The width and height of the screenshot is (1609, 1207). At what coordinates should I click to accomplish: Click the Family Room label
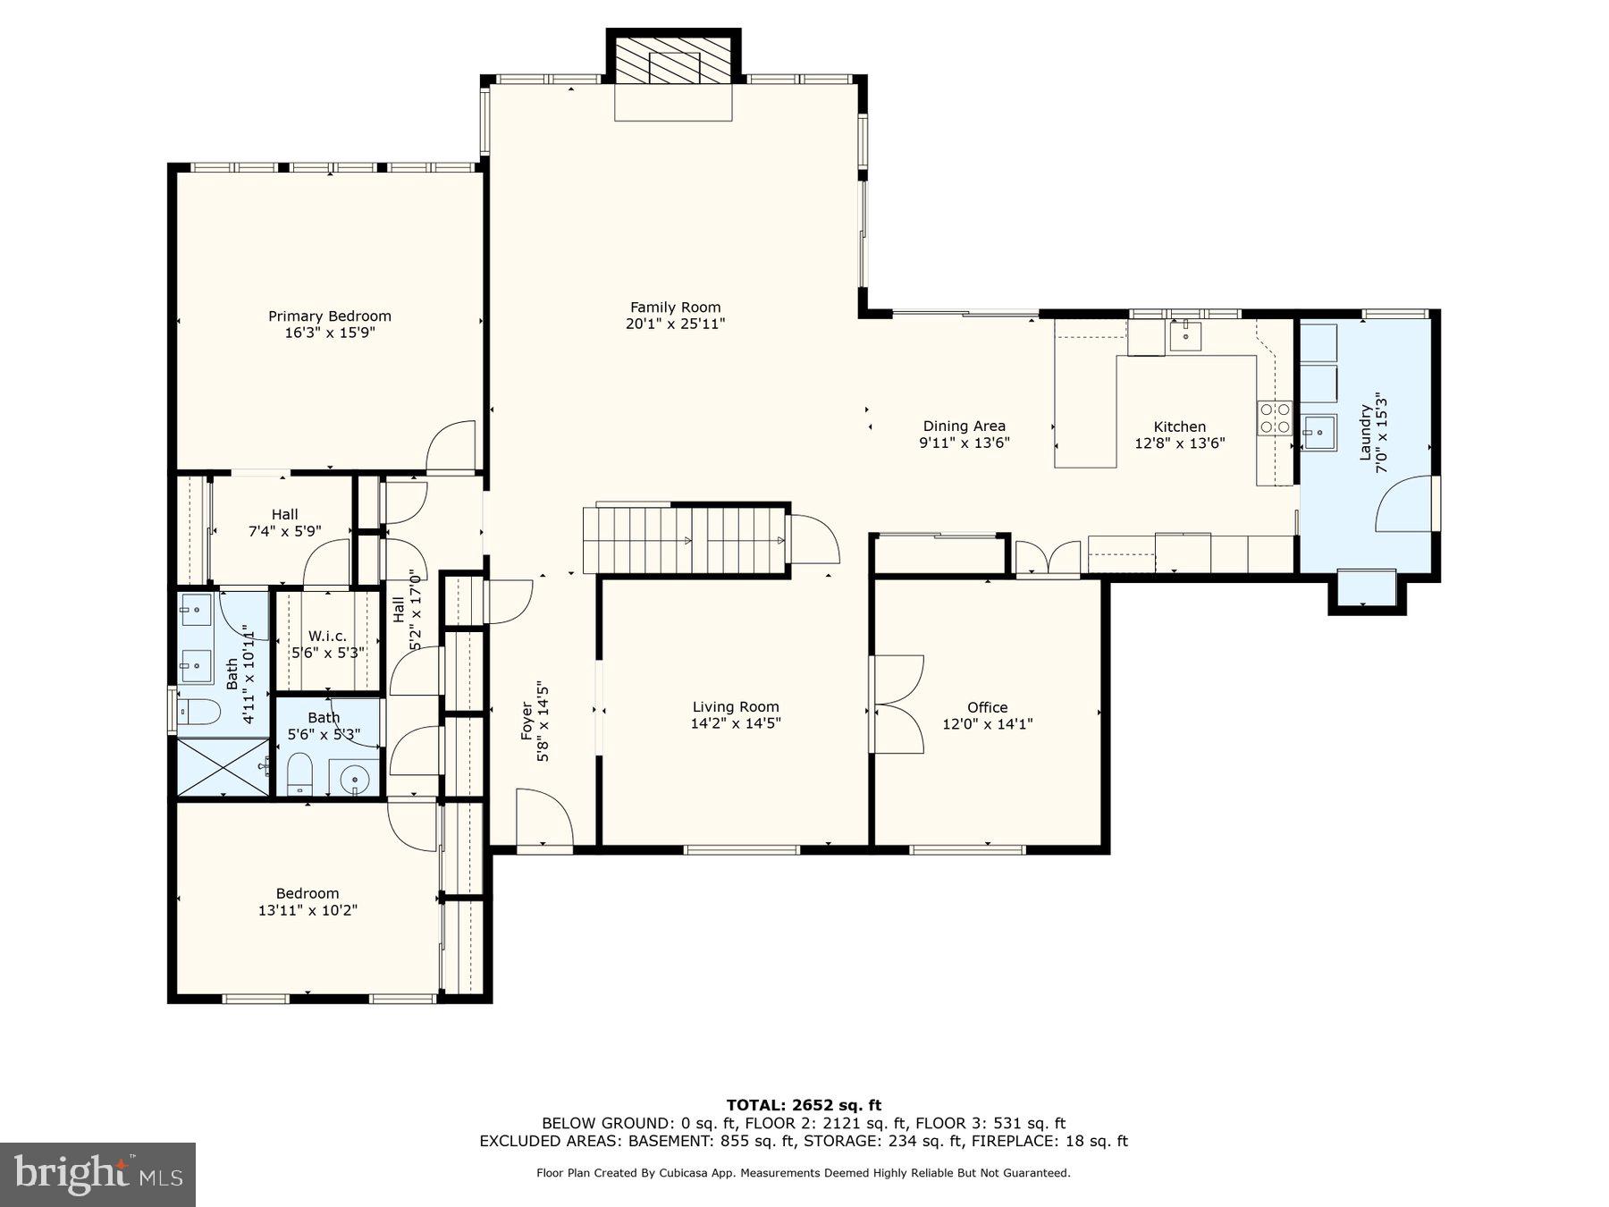click(675, 308)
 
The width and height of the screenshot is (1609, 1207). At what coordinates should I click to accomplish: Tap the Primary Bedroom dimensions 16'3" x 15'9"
click(329, 333)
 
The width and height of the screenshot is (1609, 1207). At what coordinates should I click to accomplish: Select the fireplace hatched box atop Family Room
click(674, 66)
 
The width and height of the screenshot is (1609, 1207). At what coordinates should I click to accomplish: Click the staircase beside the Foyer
click(685, 540)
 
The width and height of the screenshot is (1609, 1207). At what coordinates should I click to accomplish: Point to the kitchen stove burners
click(1275, 418)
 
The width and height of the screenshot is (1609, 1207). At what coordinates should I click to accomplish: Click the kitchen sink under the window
click(1185, 336)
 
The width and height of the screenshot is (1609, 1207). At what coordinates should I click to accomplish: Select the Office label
click(987, 707)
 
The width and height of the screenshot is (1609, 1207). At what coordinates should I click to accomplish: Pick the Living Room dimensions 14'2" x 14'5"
click(735, 723)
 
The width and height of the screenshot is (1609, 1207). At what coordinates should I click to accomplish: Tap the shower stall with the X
click(223, 766)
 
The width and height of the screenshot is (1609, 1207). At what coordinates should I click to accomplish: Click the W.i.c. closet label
click(327, 636)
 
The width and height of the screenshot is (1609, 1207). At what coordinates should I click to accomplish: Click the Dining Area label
click(964, 426)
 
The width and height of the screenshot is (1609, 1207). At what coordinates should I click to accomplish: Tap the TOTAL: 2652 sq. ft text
click(803, 1105)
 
